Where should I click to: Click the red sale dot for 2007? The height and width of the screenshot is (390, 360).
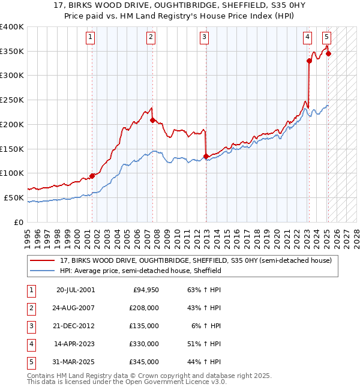(x=152, y=120)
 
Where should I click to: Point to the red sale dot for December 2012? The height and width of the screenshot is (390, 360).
(x=206, y=156)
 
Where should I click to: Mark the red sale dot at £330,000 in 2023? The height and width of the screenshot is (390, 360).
(x=309, y=61)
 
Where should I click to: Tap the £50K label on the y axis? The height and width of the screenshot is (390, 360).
(x=14, y=197)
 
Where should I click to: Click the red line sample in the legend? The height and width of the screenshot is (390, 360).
(x=43, y=260)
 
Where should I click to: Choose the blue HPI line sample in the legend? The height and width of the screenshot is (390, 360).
(x=43, y=271)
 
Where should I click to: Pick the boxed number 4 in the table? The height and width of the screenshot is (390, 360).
(x=31, y=344)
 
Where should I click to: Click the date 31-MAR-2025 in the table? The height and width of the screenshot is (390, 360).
(x=75, y=362)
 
